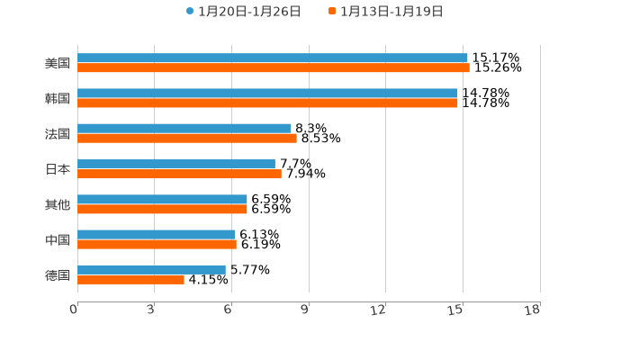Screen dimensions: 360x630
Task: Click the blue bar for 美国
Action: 272,58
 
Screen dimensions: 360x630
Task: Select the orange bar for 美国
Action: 273,68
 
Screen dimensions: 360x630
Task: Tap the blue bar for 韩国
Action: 267,94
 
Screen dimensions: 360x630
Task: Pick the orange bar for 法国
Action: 186,139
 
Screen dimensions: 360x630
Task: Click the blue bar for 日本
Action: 175,164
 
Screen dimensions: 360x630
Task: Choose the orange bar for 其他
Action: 162,210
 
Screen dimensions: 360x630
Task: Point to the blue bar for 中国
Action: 156,235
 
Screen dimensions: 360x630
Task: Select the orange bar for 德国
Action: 130,280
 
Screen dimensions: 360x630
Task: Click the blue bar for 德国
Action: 151,269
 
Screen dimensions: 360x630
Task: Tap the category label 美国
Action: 58,64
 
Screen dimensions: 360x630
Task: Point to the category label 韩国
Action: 58,99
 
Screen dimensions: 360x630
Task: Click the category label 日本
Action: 58,169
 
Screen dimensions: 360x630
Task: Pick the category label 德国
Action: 58,275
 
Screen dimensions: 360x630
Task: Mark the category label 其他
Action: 58,205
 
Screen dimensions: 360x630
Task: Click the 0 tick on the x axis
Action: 75,310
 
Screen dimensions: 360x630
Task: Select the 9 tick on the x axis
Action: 304,310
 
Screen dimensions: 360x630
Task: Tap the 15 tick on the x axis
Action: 456,310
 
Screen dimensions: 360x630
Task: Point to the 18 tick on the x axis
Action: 533,310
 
